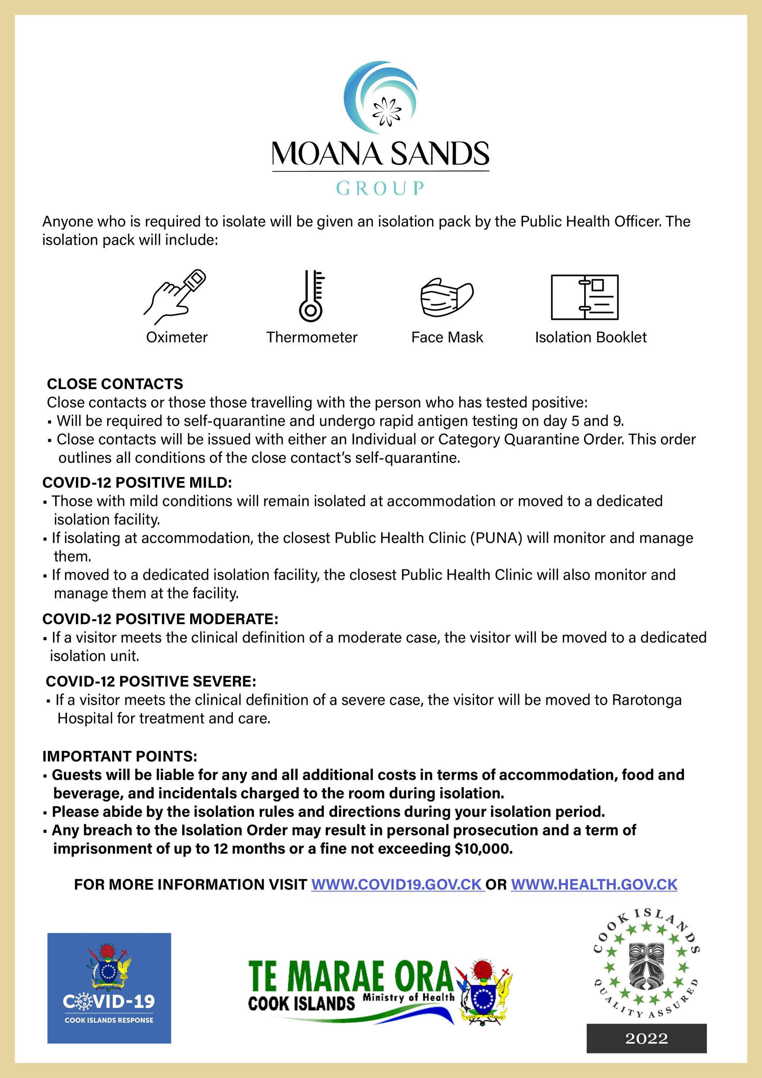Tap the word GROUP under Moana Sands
pyautogui.click(x=380, y=189)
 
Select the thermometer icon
pyautogui.click(x=311, y=296)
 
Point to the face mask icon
pyautogui.click(x=446, y=297)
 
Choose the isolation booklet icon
pyautogui.click(x=584, y=297)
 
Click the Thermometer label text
pyautogui.click(x=312, y=337)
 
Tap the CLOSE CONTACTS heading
pyautogui.click(x=115, y=384)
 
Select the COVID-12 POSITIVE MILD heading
pyautogui.click(x=137, y=482)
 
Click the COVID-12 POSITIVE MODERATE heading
pyautogui.click(x=160, y=619)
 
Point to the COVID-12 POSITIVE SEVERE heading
pyautogui.click(x=151, y=681)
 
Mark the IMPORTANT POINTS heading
pyautogui.click(x=120, y=756)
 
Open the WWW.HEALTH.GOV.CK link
pyautogui.click(x=594, y=885)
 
